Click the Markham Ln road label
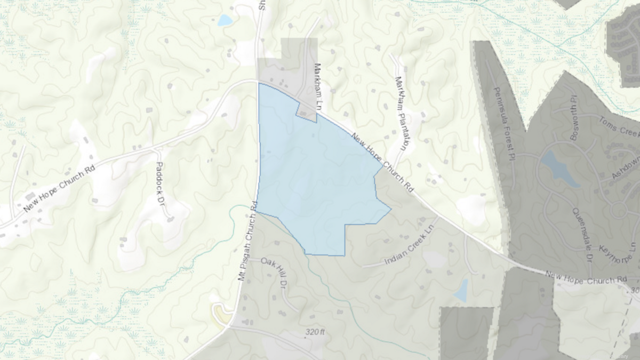pos(319,87)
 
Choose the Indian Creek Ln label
pos(409,249)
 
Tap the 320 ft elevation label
pos(315,332)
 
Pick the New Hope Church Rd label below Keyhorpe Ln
pos(585,277)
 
